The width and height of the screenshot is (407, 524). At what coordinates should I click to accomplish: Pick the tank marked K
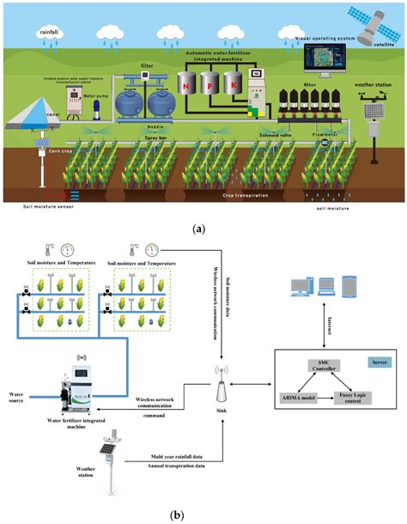click(232, 83)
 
